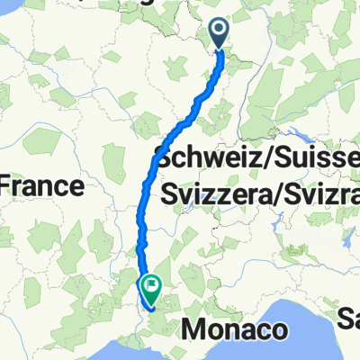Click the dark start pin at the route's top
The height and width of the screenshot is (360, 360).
tap(221, 33)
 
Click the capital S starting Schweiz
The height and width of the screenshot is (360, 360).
tap(165, 157)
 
